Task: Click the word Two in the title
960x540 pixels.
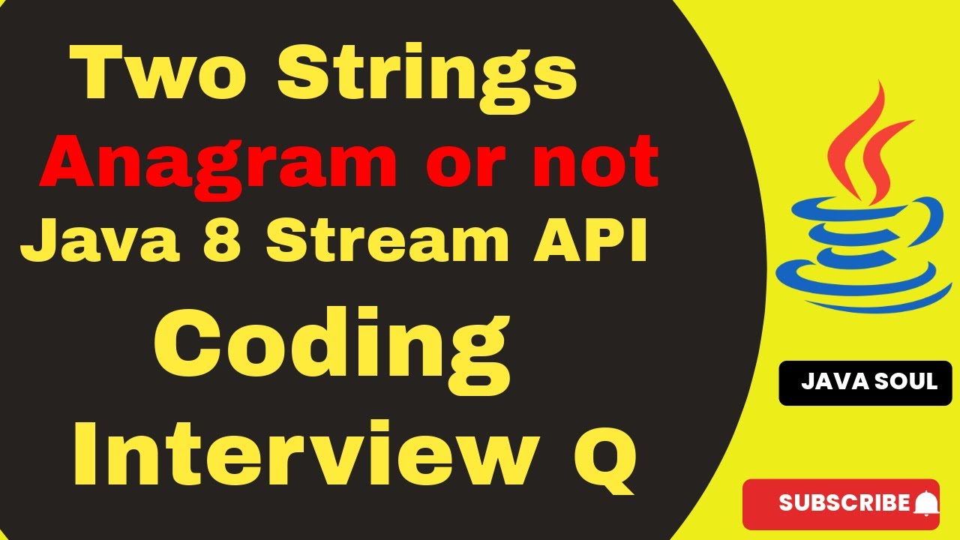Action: tap(161, 75)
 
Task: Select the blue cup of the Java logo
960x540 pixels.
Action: tap(862, 232)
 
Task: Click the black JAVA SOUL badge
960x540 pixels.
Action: tap(865, 382)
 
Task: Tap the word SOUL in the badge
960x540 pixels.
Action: tap(907, 382)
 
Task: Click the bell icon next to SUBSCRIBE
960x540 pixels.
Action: tap(926, 503)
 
